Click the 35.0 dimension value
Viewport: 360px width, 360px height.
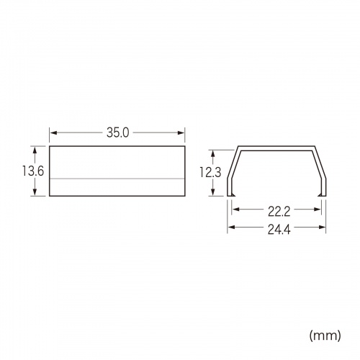pyautogui.click(x=117, y=132)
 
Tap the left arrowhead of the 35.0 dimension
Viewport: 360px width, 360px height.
pyautogui.click(x=53, y=132)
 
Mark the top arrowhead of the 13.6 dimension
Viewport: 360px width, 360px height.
pyautogui.click(x=34, y=150)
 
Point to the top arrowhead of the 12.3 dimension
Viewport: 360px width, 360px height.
pyautogui.click(x=213, y=153)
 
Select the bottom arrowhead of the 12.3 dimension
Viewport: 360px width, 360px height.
pyautogui.click(x=213, y=192)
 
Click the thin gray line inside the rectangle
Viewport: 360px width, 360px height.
pyautogui.click(x=117, y=177)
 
